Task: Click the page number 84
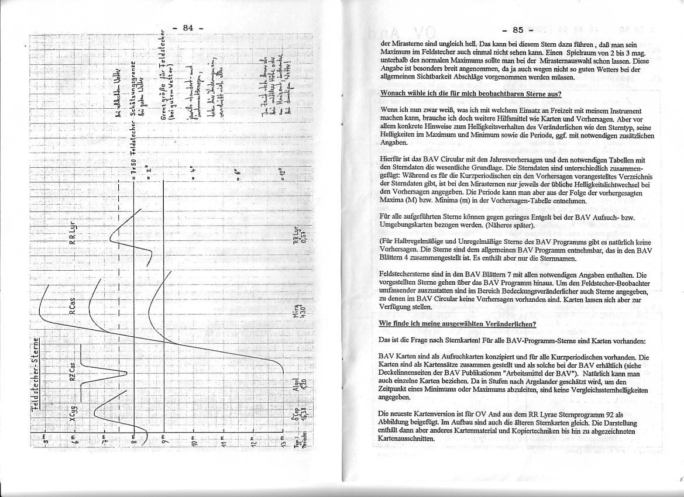(188, 27)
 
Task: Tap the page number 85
(517, 30)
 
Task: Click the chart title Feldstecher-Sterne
(35, 379)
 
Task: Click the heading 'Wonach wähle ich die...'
(470, 94)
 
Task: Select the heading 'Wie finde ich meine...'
(458, 323)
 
